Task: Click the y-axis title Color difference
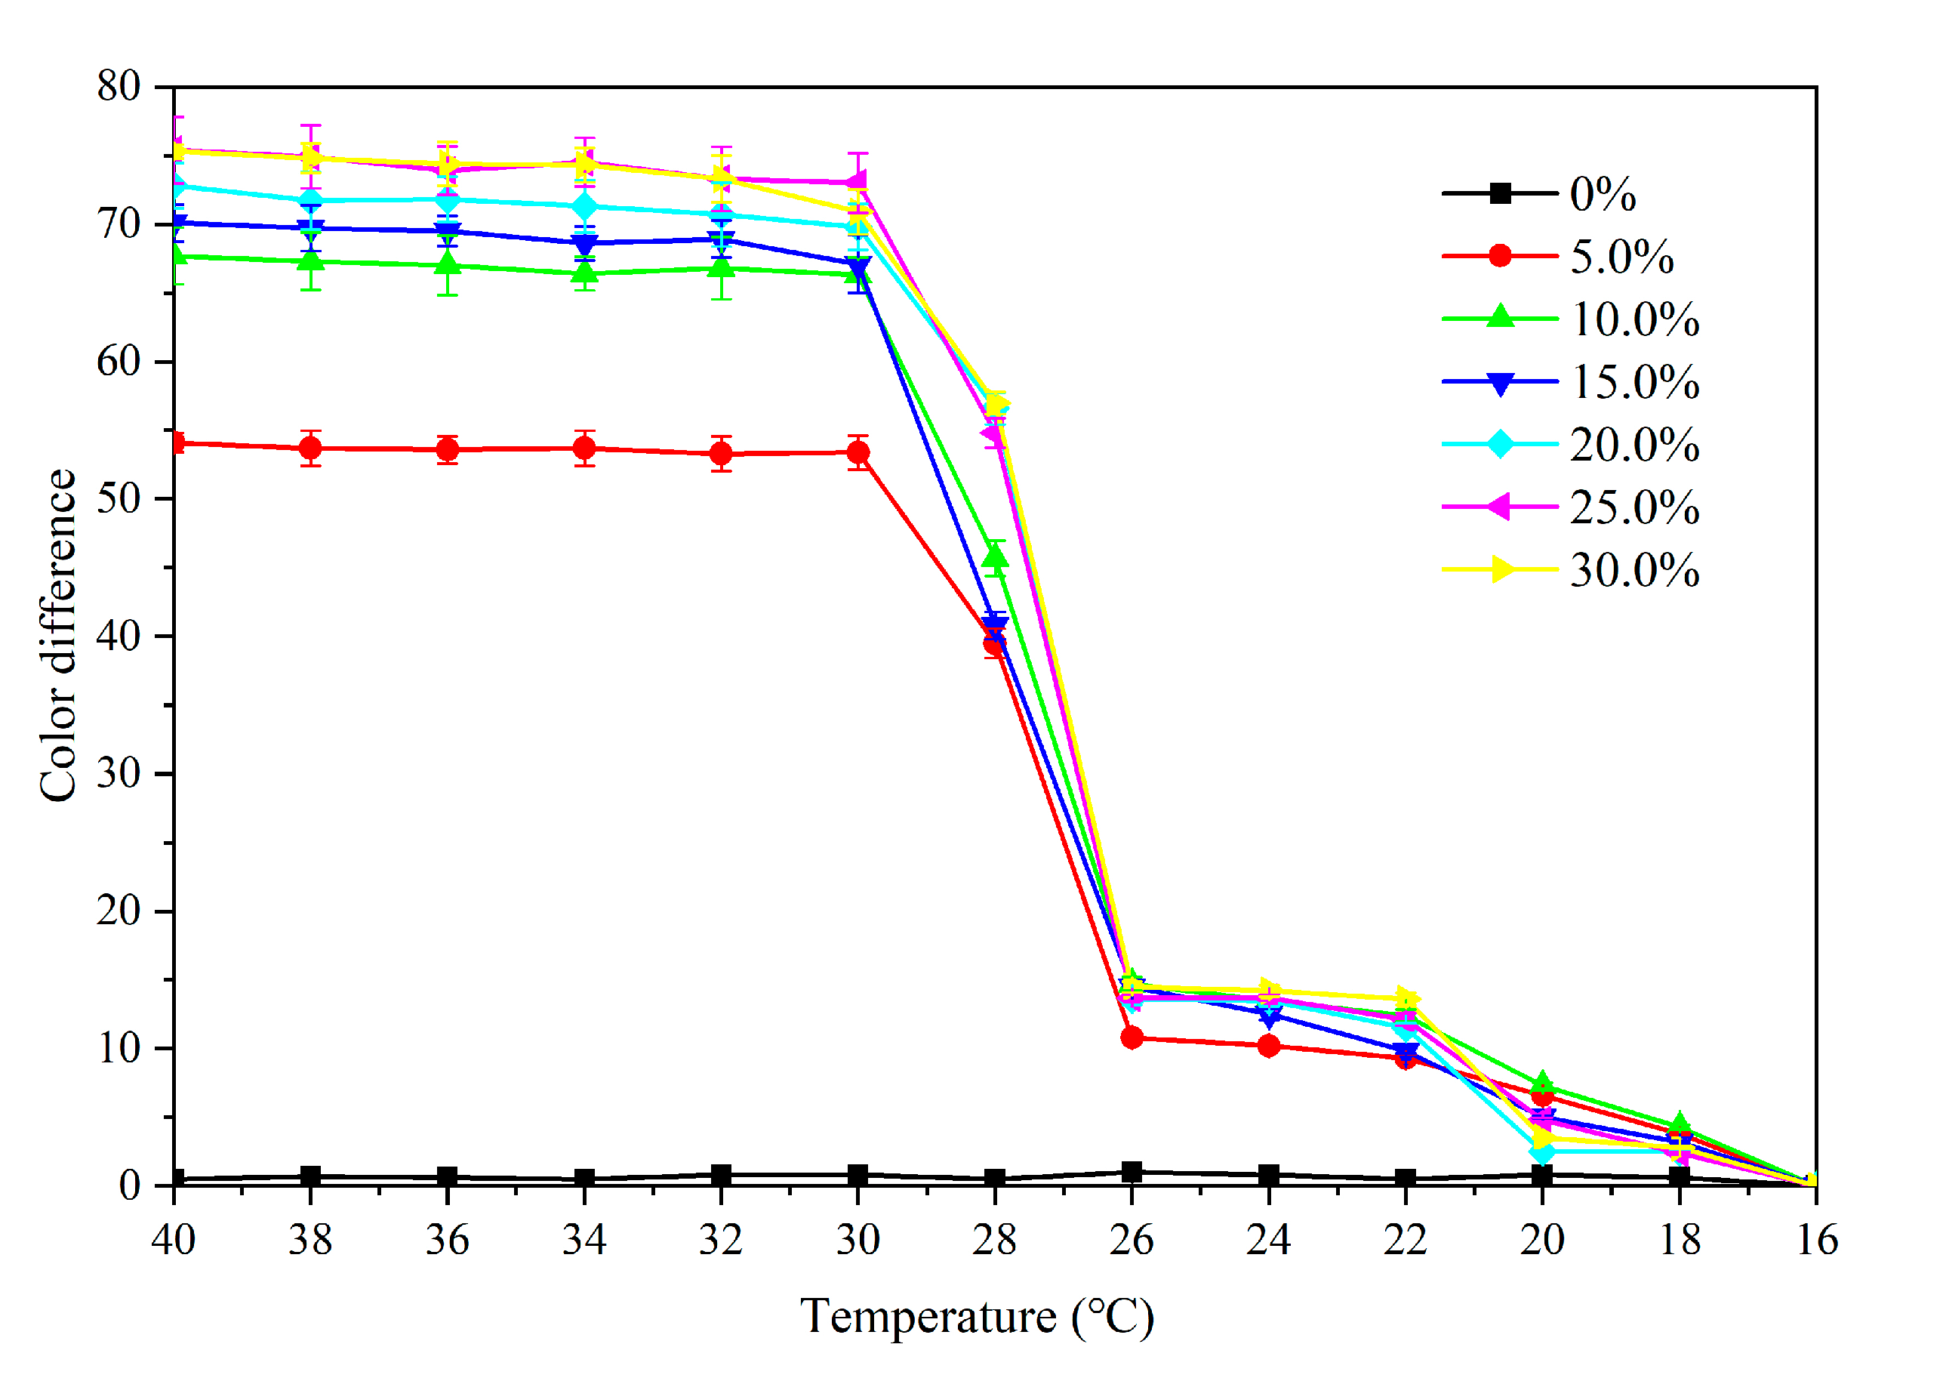click(x=57, y=635)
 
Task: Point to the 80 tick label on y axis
click(x=119, y=87)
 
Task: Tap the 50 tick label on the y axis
click(x=119, y=499)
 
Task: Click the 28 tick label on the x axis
click(x=994, y=1241)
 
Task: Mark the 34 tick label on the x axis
click(x=583, y=1241)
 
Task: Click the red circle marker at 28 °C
click(x=994, y=645)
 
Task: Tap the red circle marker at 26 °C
click(x=1132, y=1037)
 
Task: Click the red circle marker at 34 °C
click(x=583, y=449)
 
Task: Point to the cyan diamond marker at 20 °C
click(x=1543, y=1151)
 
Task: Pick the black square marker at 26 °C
click(x=1132, y=1172)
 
